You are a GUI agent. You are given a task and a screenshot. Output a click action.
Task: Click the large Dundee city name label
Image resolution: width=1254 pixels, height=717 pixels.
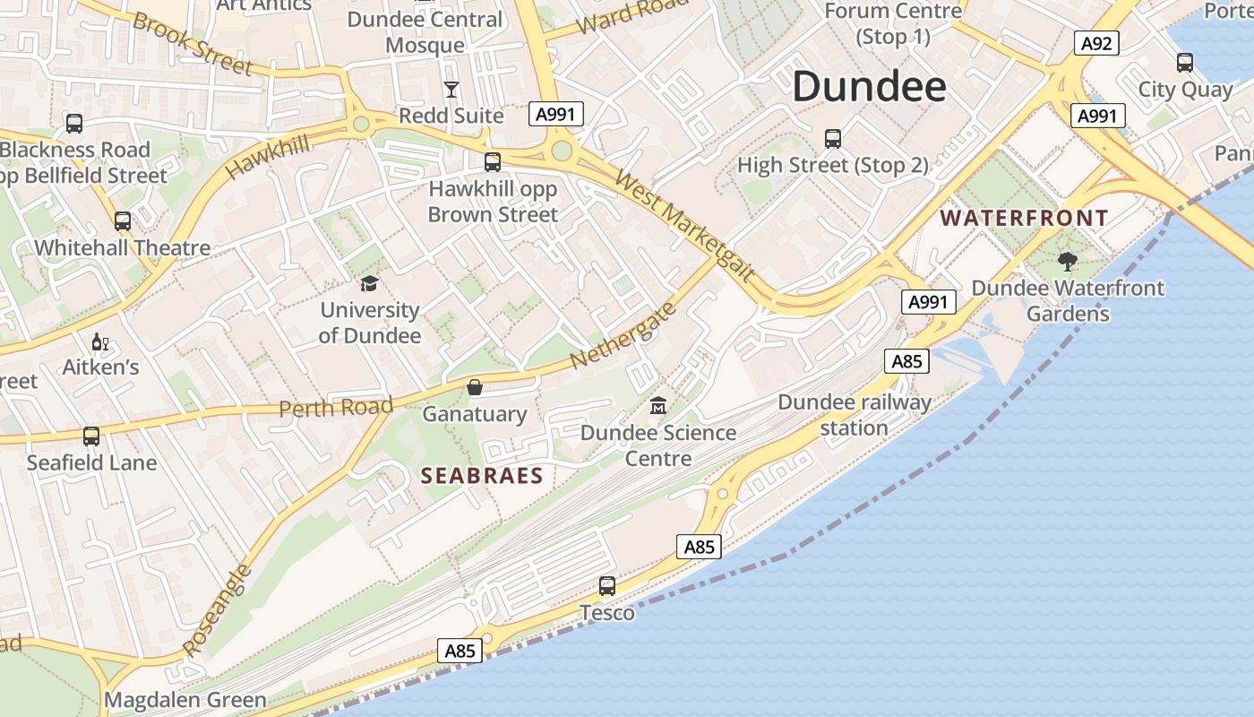coord(869,87)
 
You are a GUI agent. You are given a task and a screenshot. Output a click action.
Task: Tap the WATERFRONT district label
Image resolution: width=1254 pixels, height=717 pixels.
coord(1025,218)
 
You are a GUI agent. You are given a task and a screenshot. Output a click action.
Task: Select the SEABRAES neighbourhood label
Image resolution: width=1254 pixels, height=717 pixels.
coord(482,476)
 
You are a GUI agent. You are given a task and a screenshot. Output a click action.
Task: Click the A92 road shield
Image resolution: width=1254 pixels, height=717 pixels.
coord(1096,43)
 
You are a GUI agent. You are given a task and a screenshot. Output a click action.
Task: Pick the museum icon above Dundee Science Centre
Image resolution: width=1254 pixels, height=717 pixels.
coord(658,405)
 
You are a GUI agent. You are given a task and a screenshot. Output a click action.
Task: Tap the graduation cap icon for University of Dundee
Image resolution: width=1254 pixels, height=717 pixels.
coord(369,284)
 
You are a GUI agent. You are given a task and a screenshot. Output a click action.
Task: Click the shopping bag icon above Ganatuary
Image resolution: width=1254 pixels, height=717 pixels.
coord(474,387)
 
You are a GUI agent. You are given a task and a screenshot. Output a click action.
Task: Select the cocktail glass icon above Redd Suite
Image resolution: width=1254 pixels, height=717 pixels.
coord(451,89)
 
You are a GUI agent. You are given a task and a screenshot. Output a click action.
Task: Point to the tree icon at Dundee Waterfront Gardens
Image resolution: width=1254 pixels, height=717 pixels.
coord(1067,262)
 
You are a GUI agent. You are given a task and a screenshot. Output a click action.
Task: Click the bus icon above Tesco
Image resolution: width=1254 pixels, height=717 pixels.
coord(607,586)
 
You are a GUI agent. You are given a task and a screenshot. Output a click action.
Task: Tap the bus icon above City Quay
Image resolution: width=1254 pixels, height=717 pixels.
coord(1185,63)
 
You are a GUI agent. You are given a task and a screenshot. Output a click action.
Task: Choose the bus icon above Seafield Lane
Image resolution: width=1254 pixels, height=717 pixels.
coord(91,436)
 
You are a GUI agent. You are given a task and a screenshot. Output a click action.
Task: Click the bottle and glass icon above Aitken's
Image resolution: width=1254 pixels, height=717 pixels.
coord(100,342)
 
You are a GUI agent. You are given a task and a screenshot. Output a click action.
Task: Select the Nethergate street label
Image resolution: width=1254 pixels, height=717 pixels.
coord(623,335)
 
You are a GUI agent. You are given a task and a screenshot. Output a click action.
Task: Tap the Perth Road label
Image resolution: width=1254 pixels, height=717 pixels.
coord(336,408)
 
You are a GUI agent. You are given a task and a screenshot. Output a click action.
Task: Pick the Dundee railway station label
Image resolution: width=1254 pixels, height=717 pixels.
coord(855,414)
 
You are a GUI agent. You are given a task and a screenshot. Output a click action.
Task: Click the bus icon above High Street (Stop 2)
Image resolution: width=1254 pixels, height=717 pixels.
coord(833,139)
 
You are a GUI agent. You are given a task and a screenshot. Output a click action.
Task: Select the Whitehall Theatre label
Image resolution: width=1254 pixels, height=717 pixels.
coord(123,247)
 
